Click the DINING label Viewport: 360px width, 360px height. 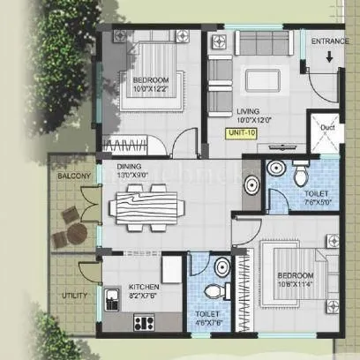pyautogui.click(x=130, y=165)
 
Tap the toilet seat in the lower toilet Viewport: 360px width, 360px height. pyautogui.click(x=212, y=291)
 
